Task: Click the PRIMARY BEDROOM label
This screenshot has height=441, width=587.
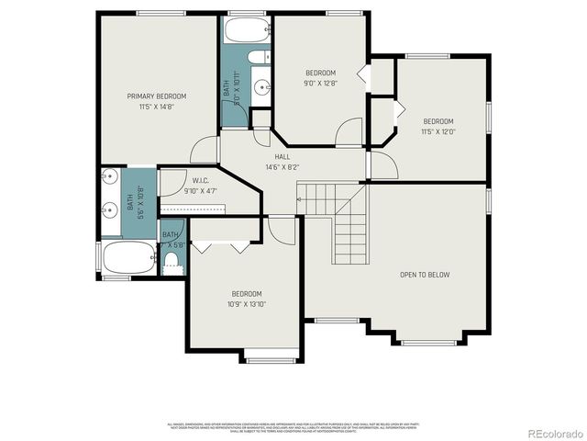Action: pos(157,96)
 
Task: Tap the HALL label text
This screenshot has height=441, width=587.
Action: pos(270,156)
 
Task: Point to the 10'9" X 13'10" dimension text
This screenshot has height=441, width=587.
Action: pos(247,304)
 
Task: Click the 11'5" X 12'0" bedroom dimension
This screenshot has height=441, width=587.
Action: pos(437,131)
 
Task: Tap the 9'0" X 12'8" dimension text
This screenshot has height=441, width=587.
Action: pos(320,83)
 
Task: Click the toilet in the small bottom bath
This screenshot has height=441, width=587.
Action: pos(171,262)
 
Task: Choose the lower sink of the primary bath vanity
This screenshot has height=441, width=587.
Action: pos(109,209)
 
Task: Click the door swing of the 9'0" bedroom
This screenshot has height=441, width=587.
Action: pos(349,133)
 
